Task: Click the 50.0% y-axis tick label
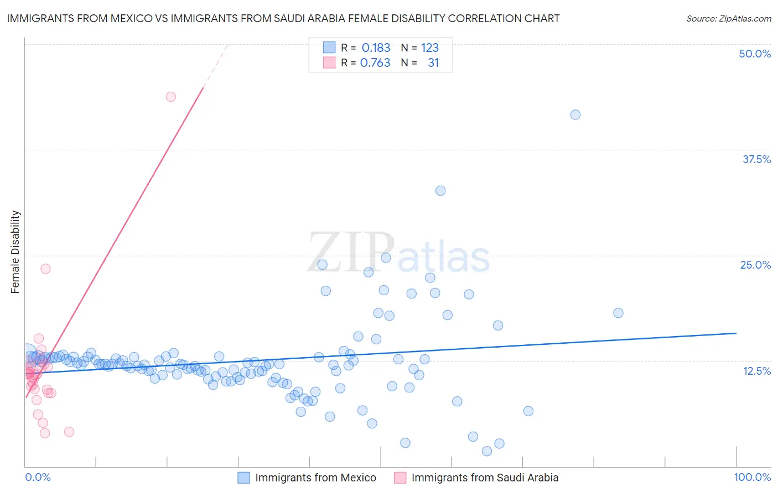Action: (x=754, y=54)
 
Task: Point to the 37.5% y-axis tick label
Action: (x=756, y=159)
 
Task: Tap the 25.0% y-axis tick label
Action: (x=755, y=265)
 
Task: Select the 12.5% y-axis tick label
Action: (x=756, y=371)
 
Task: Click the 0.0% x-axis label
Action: (x=38, y=477)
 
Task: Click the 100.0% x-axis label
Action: (x=752, y=477)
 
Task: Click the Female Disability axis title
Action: (x=15, y=252)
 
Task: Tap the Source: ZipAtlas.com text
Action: (x=728, y=18)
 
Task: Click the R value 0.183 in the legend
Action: (x=376, y=48)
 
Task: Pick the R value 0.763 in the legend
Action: (x=375, y=62)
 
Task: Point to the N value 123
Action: (x=429, y=48)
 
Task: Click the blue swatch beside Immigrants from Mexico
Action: (x=244, y=478)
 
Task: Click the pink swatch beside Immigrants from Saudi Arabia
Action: (x=400, y=478)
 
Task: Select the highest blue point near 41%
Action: (x=575, y=114)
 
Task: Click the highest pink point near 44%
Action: (x=171, y=97)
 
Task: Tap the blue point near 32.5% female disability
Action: (x=440, y=191)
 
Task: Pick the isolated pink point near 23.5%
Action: (x=46, y=269)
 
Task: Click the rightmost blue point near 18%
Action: (x=619, y=313)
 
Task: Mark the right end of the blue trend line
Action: (x=736, y=333)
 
